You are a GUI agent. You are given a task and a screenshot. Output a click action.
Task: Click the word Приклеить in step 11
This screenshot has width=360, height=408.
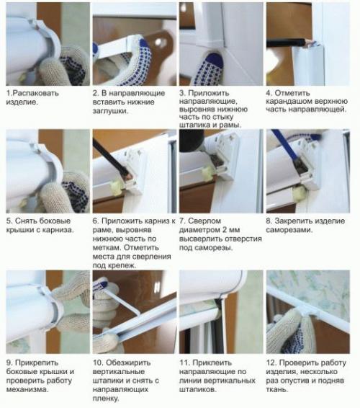tap(214, 361)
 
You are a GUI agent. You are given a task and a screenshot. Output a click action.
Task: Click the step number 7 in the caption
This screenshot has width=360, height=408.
tap(182, 221)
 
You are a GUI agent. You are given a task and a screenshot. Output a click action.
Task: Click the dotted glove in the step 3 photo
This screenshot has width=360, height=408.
tap(209, 68)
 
